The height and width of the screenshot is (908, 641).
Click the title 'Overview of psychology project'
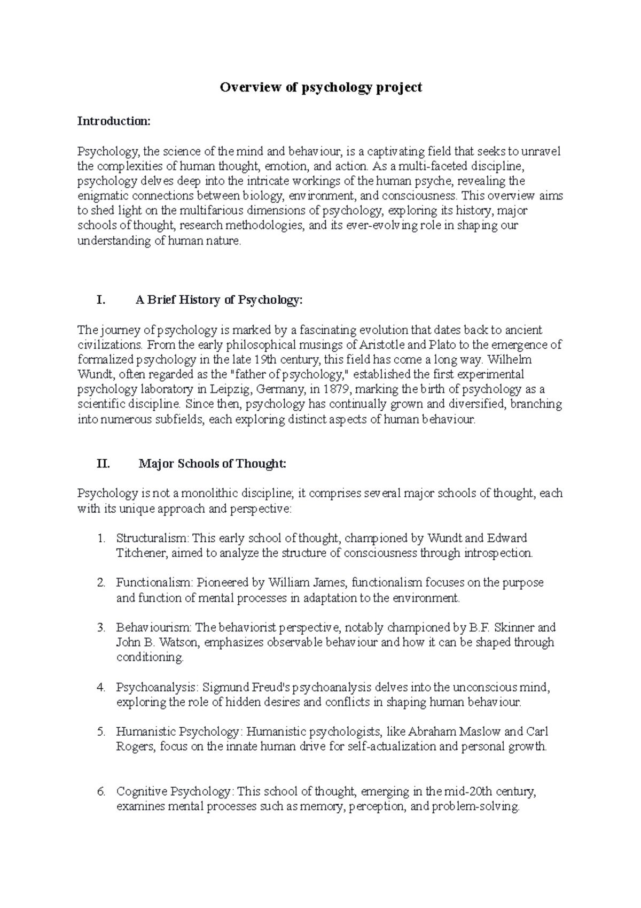click(320, 87)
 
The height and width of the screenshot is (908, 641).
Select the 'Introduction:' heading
click(114, 121)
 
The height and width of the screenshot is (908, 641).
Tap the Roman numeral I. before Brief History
click(101, 301)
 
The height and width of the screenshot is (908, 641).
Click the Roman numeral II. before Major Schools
click(103, 464)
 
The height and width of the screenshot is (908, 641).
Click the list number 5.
click(102, 731)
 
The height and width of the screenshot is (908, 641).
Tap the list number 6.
click(102, 791)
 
